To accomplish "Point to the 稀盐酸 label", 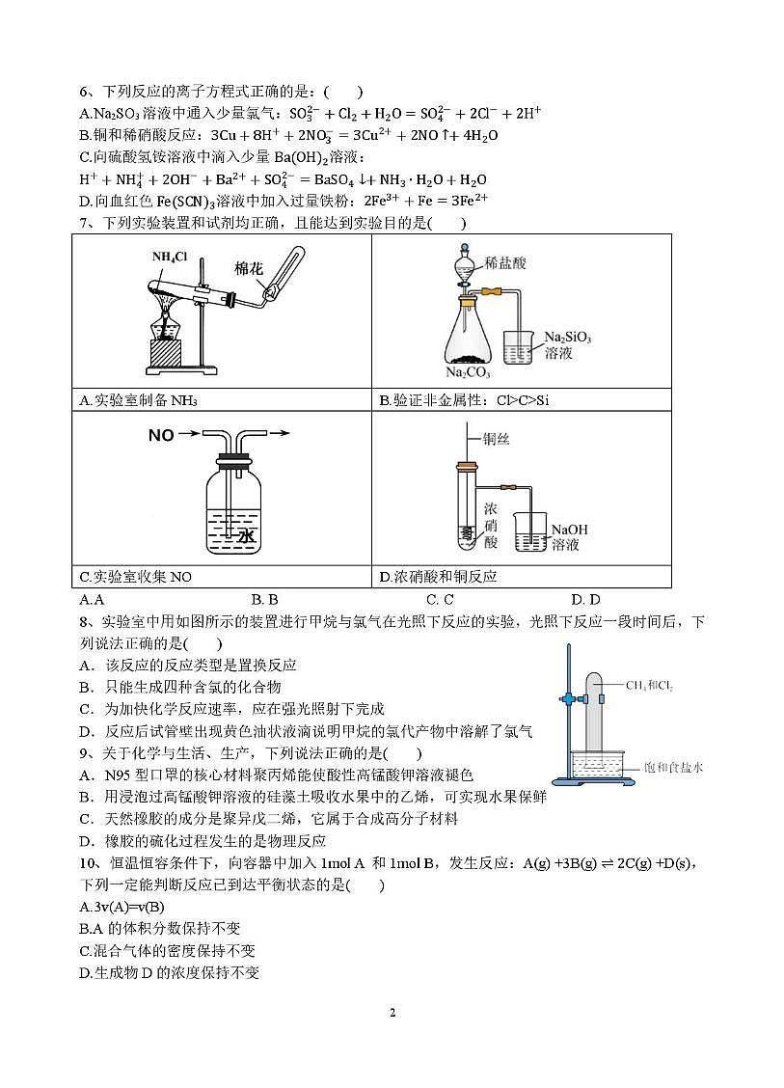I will pos(505,261).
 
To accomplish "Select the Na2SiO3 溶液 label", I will pos(567,345).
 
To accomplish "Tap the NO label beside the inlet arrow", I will pos(161,436).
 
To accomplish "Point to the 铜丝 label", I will pos(497,439).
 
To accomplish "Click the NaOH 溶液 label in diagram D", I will pos(569,537).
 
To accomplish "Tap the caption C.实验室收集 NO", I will pos(136,577).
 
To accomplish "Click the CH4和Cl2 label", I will pos(649,686).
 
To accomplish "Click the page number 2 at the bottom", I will pos(392,1012).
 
